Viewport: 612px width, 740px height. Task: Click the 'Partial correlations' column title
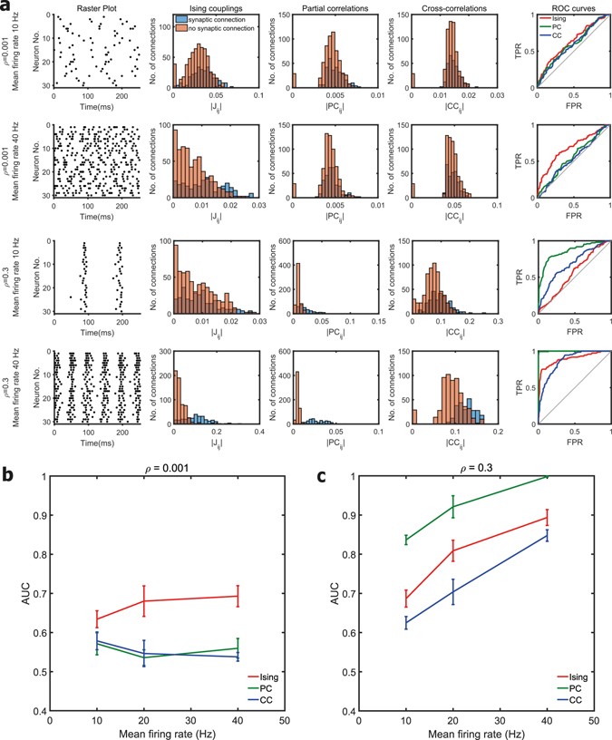click(322, 8)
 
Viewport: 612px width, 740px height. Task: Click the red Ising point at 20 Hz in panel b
click(144, 601)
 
